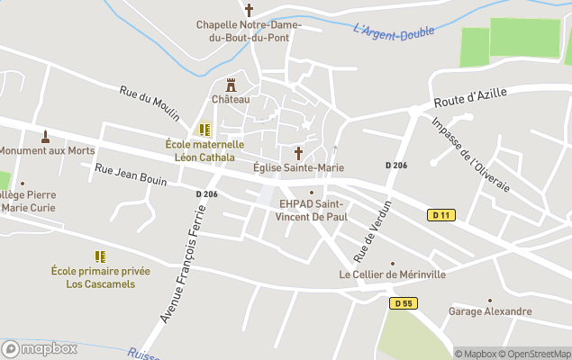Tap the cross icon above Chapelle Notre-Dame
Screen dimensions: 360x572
(249, 9)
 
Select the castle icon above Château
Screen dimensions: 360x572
(231, 85)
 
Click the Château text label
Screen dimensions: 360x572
(231, 99)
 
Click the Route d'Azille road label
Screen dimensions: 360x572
(470, 98)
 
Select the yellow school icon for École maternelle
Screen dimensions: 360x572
(204, 130)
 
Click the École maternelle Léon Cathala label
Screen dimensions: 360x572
(204, 150)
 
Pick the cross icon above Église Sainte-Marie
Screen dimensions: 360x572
(298, 153)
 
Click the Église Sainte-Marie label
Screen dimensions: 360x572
(298, 167)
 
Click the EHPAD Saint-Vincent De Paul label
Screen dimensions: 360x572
(312, 210)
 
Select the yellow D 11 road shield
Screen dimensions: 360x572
(440, 215)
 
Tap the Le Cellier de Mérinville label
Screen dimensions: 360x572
(392, 274)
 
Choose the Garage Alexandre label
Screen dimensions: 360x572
(490, 311)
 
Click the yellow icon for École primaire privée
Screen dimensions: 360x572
(100, 256)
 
